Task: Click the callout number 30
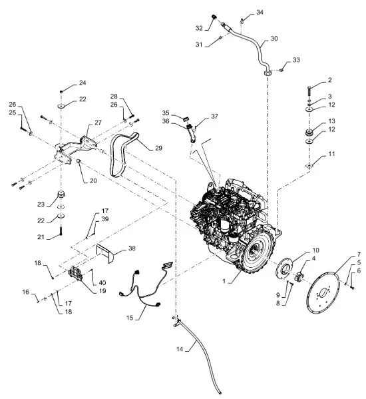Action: (x=274, y=39)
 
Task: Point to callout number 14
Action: (x=180, y=349)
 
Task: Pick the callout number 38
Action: (x=132, y=248)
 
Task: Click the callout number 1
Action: (x=224, y=282)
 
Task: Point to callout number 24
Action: (x=83, y=83)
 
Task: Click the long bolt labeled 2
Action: (x=309, y=91)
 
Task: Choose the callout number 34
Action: (x=260, y=12)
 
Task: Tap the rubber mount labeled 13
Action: (x=309, y=133)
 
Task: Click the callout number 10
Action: (x=316, y=250)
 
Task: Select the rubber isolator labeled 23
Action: (x=61, y=195)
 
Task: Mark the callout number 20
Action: (x=93, y=181)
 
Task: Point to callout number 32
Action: (x=199, y=28)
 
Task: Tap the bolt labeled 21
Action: (x=61, y=231)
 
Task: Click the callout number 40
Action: (x=102, y=282)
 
